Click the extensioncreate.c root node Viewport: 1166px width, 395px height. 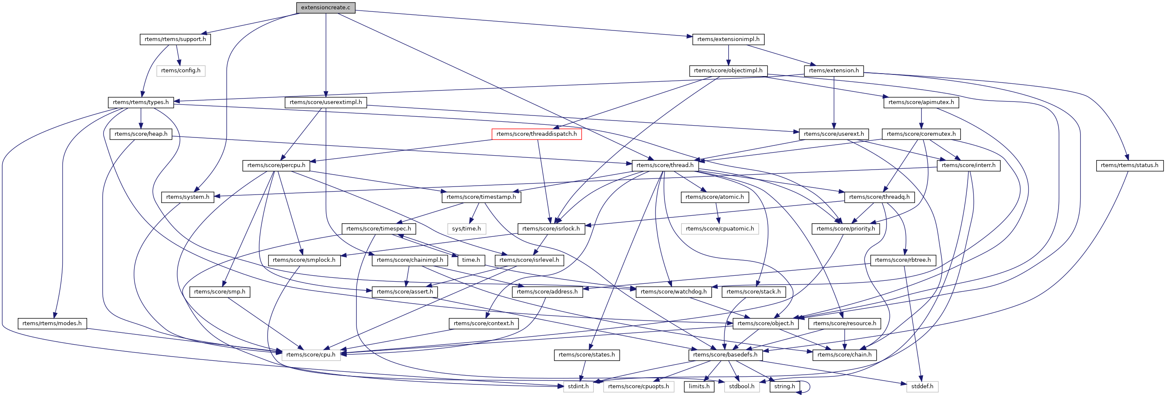(326, 8)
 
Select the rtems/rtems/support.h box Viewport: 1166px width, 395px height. (175, 39)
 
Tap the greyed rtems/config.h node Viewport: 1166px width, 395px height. (181, 71)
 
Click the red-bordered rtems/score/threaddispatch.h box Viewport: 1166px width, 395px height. (536, 134)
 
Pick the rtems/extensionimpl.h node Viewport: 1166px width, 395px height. (728, 39)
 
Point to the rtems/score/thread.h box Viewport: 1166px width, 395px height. (664, 165)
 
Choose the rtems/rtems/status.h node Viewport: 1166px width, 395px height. (1129, 165)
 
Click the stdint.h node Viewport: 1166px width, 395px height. (578, 387)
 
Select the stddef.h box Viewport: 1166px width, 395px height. (922, 387)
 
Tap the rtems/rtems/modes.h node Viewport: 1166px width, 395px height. (52, 324)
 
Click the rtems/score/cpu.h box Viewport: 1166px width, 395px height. (310, 355)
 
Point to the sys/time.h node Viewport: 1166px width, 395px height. (466, 228)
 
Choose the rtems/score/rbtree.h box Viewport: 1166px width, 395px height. (903, 260)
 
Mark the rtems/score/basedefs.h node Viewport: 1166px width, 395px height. (725, 355)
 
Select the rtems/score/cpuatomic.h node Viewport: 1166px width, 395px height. (720, 228)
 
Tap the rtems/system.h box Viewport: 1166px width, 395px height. (187, 197)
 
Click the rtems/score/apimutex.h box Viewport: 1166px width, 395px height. (921, 102)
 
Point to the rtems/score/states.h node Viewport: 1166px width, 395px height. (587, 355)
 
